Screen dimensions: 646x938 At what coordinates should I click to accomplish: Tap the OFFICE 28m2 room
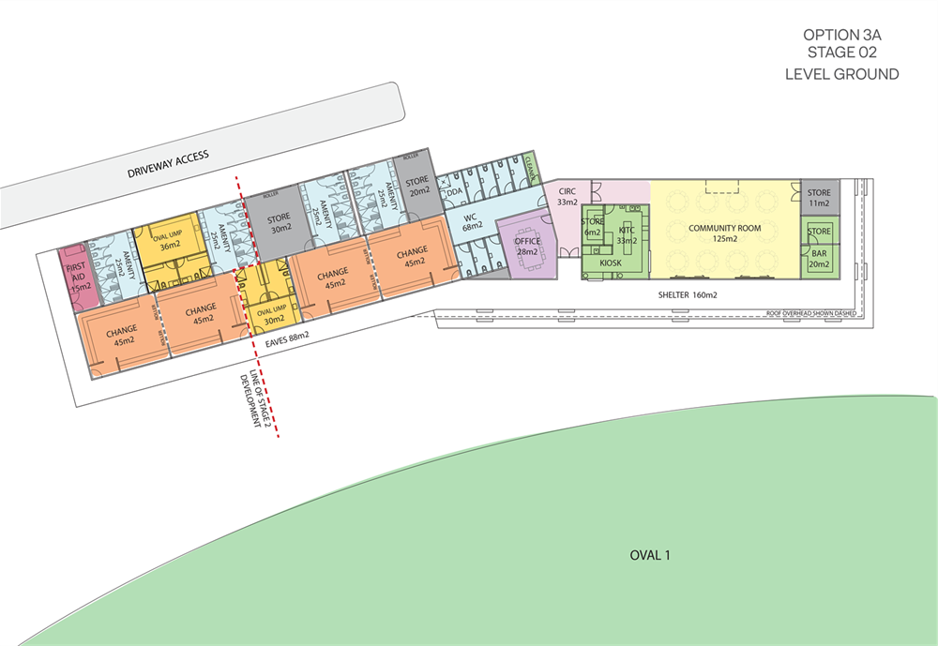[526, 247]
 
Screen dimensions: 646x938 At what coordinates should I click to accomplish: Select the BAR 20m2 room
[819, 259]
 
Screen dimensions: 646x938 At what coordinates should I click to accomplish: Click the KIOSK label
[611, 264]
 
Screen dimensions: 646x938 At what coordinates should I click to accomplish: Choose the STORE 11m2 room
[819, 198]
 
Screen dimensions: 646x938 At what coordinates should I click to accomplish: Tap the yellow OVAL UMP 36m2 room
[170, 240]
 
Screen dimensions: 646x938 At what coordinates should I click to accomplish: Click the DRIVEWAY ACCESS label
[169, 164]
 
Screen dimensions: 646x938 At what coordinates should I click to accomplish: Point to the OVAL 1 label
[650, 555]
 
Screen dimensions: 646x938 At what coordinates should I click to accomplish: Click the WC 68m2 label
[471, 221]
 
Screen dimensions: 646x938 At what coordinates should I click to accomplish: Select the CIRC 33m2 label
[567, 196]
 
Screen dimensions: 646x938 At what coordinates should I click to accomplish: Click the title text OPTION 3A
[841, 35]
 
